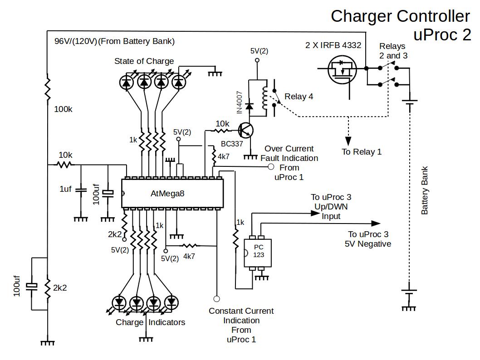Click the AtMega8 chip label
click(167, 194)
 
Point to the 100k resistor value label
click(63, 109)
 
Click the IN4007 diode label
click(240, 103)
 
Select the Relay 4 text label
click(299, 97)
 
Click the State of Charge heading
click(144, 61)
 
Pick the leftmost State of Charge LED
click(127, 82)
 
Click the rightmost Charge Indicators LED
click(171, 302)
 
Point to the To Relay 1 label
click(362, 152)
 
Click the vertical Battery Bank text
click(425, 190)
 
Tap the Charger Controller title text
click(400, 16)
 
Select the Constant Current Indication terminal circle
click(216, 299)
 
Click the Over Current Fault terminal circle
click(271, 167)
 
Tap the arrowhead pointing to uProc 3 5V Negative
click(376, 223)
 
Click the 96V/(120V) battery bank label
click(114, 41)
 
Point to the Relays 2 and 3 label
click(393, 51)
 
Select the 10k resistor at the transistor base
click(222, 131)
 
